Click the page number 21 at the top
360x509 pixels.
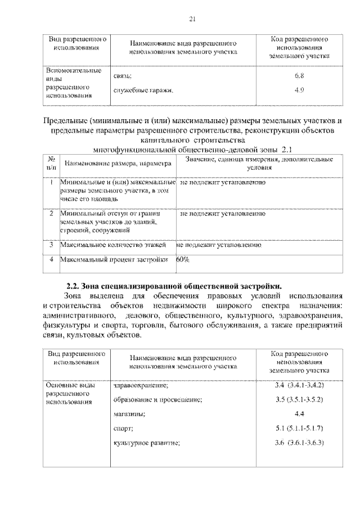click(x=191, y=20)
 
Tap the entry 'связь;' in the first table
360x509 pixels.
click(x=123, y=75)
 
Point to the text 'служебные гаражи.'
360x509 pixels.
click(x=143, y=90)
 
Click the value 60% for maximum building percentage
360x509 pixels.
click(x=183, y=260)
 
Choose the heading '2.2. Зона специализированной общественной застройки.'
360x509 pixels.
click(x=174, y=286)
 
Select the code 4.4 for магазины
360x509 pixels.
click(x=299, y=414)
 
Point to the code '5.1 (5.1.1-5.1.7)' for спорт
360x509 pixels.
click(x=299, y=429)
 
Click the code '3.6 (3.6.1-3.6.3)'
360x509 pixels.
click(x=299, y=443)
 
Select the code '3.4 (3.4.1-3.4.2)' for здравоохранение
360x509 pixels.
click(x=299, y=385)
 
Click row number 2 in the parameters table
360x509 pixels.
click(x=51, y=214)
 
